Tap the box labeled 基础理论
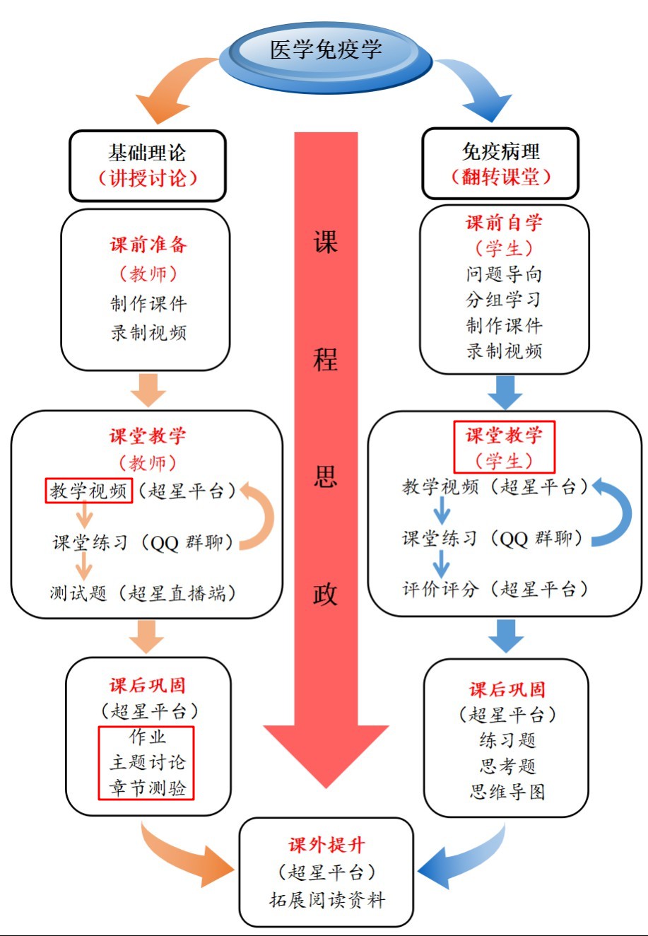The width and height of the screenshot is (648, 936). tap(147, 165)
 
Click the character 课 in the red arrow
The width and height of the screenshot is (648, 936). tap(325, 242)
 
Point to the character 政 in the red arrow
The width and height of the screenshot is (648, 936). tap(325, 595)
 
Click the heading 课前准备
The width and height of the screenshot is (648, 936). tap(148, 245)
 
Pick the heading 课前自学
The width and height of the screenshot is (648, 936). tap(504, 223)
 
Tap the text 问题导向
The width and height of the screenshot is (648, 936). tap(504, 274)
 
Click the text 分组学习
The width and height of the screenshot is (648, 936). tap(504, 299)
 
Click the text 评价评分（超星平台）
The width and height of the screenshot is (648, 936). tap(495, 589)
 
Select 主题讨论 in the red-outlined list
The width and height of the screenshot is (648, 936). tap(147, 762)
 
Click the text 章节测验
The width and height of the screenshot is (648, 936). tap(147, 788)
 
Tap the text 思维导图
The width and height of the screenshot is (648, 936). tap(507, 791)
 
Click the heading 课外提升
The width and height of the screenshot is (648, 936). tap(326, 845)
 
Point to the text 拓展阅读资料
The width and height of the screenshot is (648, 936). tap(326, 900)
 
